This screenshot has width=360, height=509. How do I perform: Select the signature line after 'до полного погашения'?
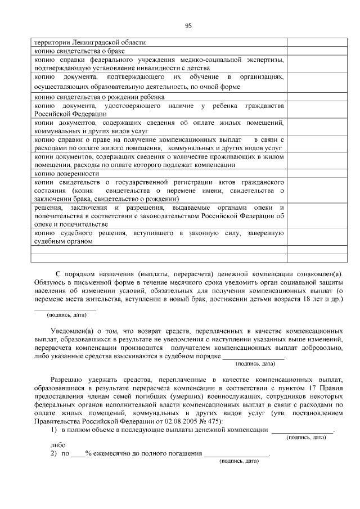(237, 454)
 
